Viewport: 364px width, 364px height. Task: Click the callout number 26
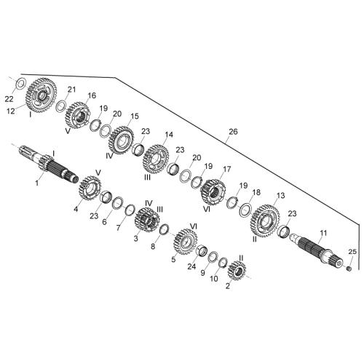pos(233,132)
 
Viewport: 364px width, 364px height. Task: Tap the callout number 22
pos(9,99)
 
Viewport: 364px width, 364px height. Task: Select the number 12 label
pos(11,111)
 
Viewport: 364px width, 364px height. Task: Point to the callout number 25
pos(352,252)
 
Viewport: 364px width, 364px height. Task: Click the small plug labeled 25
pos(349,269)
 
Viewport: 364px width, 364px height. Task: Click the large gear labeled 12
pos(41,95)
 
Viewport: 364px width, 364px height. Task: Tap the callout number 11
pos(323,234)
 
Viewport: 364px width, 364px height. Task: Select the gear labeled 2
pos(237,271)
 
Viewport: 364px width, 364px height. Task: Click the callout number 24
pos(191,266)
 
